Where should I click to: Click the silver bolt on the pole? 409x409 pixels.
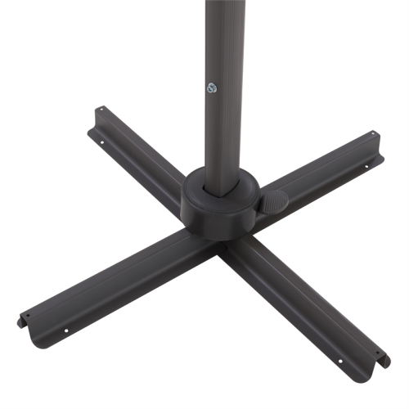[x=211, y=88]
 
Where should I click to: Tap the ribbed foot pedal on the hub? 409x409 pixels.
[x=273, y=200]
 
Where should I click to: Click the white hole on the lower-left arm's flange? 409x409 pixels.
[x=65, y=330]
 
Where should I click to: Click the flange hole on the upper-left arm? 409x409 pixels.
[x=101, y=140]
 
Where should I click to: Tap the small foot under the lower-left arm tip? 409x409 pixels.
[x=21, y=322]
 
